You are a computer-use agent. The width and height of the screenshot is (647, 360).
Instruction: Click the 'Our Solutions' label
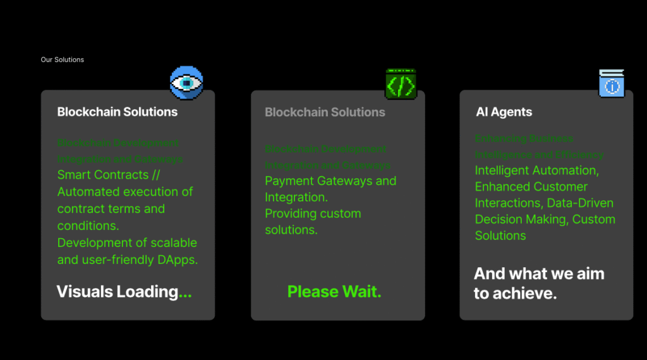(x=62, y=60)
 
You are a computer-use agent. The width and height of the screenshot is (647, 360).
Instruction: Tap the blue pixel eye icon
(x=186, y=83)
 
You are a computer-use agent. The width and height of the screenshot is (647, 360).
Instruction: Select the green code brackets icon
(x=401, y=84)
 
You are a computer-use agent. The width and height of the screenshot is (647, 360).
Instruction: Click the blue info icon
(x=611, y=84)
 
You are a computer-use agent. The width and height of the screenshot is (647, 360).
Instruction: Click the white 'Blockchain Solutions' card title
(x=118, y=112)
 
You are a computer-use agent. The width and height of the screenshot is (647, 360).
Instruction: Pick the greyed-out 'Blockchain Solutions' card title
(x=325, y=112)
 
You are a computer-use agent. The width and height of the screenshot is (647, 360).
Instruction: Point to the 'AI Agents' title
(x=504, y=112)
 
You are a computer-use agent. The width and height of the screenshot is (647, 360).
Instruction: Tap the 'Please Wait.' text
(x=334, y=292)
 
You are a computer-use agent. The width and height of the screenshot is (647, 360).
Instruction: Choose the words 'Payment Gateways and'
(x=330, y=181)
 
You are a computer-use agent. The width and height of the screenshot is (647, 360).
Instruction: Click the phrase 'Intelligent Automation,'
(x=537, y=171)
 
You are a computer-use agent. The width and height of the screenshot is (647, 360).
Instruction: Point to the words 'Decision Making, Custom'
(x=545, y=219)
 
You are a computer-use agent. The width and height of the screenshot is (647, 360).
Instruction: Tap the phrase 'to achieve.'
(x=515, y=293)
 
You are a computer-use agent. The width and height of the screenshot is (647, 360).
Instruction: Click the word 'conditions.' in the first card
(x=88, y=225)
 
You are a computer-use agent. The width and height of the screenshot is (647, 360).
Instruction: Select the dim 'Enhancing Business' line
(x=524, y=138)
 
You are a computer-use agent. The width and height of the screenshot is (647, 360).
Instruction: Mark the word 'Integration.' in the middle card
(x=295, y=198)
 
